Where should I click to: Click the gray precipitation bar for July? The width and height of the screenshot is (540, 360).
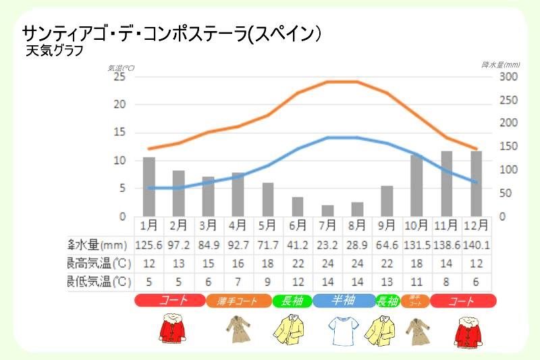click(x=327, y=211)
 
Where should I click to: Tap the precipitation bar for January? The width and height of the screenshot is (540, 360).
click(x=149, y=186)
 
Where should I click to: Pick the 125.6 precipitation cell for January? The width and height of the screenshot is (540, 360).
click(x=149, y=244)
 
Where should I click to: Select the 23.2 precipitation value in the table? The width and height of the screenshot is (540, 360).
click(x=327, y=244)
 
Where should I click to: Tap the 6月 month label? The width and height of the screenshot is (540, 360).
click(x=298, y=225)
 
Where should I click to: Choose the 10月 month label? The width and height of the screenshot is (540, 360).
click(x=416, y=225)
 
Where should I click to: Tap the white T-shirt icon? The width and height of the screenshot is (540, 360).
click(x=342, y=330)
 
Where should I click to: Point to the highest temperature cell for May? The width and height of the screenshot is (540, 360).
click(x=268, y=263)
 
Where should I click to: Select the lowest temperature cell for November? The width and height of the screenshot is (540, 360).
click(x=446, y=281)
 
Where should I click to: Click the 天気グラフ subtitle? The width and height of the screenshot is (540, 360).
click(x=54, y=51)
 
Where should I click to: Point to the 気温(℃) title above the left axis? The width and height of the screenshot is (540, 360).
click(x=121, y=68)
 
